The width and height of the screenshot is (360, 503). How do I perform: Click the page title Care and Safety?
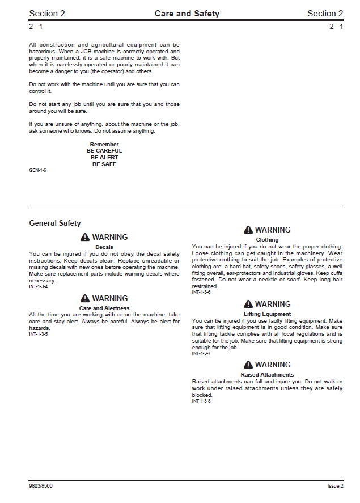pyautogui.click(x=187, y=14)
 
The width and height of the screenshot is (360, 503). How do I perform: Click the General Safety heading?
pyautogui.click(x=55, y=223)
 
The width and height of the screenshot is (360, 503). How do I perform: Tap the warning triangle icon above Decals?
pyautogui.click(x=85, y=237)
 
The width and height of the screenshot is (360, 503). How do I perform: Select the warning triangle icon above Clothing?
pyautogui.click(x=248, y=230)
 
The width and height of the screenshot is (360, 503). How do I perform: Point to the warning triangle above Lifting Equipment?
pyautogui.click(x=248, y=304)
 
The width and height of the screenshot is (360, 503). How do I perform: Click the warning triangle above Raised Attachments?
pyautogui.click(x=248, y=365)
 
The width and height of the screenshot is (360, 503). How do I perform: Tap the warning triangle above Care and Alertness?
pyautogui.click(x=85, y=298)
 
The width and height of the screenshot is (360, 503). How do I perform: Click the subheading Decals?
pyautogui.click(x=104, y=247)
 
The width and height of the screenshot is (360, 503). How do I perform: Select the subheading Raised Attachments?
pyautogui.click(x=267, y=375)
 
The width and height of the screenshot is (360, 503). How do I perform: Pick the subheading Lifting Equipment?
pyautogui.click(x=267, y=314)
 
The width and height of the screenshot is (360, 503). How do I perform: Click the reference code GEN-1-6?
pyautogui.click(x=37, y=170)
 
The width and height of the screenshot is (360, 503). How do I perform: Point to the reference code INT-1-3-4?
pyautogui.click(x=39, y=286)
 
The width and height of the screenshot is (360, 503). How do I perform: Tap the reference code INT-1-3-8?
pyautogui.click(x=201, y=401)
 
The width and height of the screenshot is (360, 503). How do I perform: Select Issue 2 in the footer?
pyautogui.click(x=335, y=486)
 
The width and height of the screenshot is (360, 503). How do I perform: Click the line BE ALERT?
pyautogui.click(x=104, y=158)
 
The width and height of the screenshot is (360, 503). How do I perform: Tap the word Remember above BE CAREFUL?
pyautogui.click(x=104, y=145)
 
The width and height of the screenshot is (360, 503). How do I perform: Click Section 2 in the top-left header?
pyautogui.click(x=47, y=14)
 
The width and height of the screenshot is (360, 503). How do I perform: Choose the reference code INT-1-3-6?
pyautogui.click(x=201, y=292)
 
